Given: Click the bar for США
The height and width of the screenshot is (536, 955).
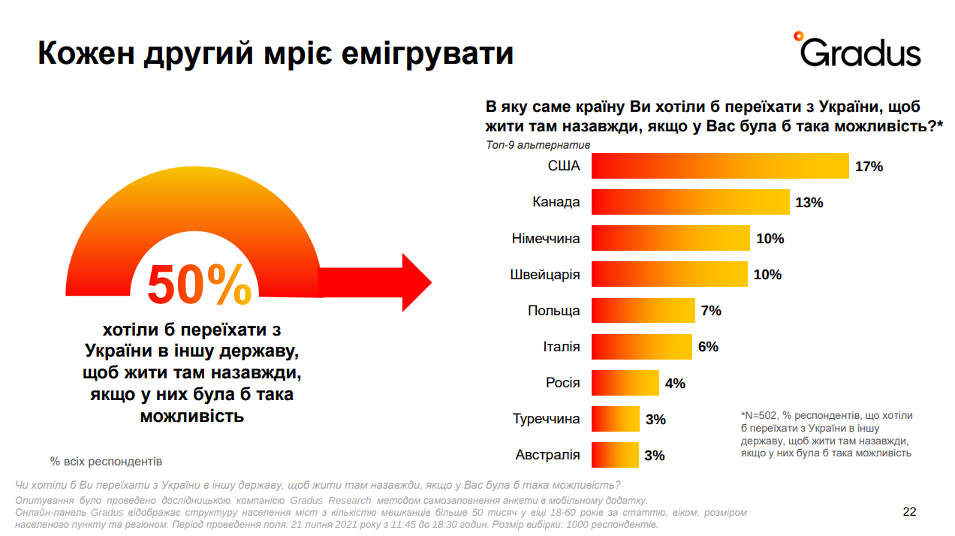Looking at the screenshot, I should point(719,166).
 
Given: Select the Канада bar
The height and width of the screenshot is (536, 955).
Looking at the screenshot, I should point(690,202).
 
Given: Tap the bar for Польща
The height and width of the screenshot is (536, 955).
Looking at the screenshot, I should point(643,310).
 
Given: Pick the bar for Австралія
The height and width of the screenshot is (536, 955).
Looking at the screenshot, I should point(615,455).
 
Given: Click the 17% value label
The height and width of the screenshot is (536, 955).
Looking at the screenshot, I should point(869,167).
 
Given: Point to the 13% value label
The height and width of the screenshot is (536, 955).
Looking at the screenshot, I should point(809,203).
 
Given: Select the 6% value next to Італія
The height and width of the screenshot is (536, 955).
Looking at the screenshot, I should point(708,347).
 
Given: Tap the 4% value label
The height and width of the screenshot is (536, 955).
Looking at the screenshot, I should point(675,383).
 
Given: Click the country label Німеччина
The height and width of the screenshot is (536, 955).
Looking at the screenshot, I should point(546,238).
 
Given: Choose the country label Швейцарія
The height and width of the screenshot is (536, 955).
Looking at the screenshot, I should point(544,274).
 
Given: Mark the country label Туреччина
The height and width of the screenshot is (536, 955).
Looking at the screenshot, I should point(547,419).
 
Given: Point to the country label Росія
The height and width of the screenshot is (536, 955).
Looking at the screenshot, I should point(562,383).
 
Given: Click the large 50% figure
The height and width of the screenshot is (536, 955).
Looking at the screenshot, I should point(199,285).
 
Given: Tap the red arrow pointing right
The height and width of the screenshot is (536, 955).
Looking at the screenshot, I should point(375,282).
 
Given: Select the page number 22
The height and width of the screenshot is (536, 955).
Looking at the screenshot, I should point(909,512).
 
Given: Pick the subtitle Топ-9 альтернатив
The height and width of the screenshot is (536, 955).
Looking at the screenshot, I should point(538,145).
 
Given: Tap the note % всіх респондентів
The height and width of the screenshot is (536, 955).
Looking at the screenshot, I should point(106,461).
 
